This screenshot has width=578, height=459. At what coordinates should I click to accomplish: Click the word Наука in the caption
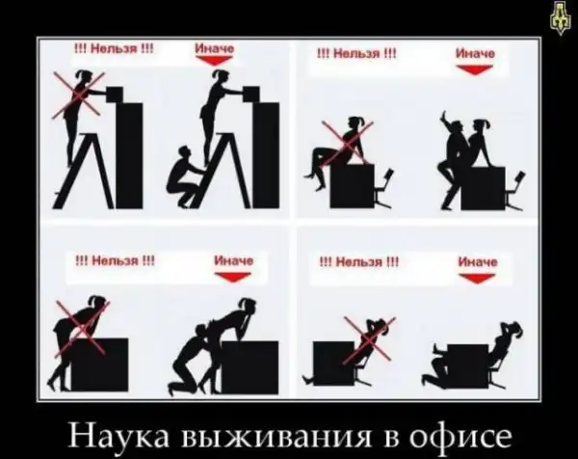point(119,436)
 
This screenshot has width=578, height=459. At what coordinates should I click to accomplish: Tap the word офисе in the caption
point(461,436)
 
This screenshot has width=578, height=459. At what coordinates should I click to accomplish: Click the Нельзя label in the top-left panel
point(114,48)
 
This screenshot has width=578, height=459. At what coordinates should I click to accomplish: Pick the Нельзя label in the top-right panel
point(356,54)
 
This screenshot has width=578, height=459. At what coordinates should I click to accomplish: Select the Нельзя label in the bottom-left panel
point(115,261)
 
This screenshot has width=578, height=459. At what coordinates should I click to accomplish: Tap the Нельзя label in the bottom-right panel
point(359,262)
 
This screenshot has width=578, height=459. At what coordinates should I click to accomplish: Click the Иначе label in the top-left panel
point(214,48)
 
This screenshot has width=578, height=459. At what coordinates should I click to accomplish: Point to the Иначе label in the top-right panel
point(476,54)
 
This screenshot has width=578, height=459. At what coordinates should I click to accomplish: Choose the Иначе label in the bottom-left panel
point(234,261)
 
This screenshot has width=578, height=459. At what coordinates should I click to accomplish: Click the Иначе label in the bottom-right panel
point(478,262)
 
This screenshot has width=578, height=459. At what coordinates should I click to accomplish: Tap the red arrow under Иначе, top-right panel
point(474,69)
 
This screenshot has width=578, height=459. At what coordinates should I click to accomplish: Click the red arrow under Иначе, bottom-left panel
point(232,277)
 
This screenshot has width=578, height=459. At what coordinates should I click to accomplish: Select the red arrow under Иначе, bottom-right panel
point(477,279)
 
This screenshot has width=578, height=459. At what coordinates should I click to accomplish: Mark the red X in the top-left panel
point(79,95)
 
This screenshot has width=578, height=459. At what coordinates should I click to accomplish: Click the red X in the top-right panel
point(347,143)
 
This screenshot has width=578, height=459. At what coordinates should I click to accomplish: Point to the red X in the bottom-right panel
point(369,338)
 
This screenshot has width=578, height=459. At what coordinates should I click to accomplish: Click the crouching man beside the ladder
point(184,176)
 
